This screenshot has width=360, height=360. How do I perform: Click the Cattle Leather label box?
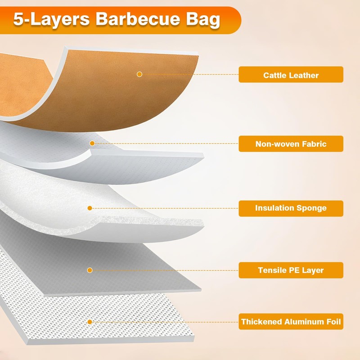tap(291, 75)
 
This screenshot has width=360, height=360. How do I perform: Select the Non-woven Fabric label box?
tap(291, 144)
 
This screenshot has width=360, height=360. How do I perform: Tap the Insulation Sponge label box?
tap(291, 208)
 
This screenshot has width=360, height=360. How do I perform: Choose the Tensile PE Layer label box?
tap(291, 270)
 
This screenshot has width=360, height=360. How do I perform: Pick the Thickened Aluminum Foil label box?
tap(291, 322)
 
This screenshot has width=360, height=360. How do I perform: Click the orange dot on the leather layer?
tap(139, 74)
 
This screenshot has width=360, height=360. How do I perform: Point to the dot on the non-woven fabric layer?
tap(92, 143)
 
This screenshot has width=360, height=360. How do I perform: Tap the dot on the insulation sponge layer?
tap(90, 208)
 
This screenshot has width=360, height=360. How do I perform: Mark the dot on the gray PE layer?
tap(90, 270)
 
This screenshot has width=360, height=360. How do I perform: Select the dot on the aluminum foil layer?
tap(90, 322)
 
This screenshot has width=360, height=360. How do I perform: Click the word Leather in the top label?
tap(303, 75)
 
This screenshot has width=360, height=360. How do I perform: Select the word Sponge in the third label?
tap(311, 208)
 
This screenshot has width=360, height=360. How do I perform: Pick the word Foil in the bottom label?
tap(333, 322)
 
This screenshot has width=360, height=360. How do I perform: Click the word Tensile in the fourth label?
tap(272, 270)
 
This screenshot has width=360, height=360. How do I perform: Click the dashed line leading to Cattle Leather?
tap(189, 74)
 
